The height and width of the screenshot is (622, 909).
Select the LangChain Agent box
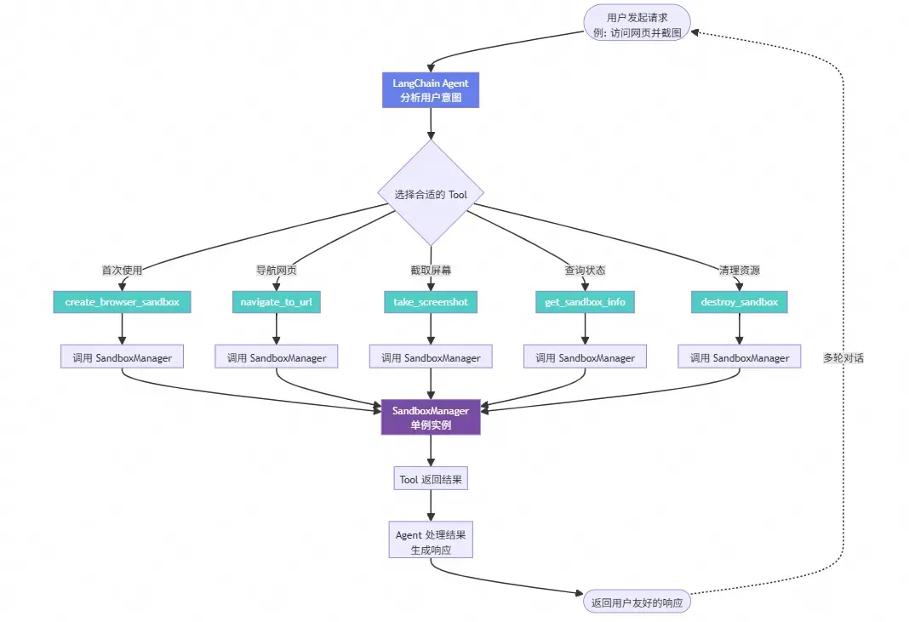pos(431,90)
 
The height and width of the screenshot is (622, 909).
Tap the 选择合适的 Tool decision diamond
pos(431,194)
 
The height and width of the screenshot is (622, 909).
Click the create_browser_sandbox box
pos(123,302)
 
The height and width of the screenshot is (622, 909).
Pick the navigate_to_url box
pos(277,302)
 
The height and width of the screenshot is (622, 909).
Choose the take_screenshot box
pos(431,302)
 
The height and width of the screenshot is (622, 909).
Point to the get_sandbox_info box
pos(585,302)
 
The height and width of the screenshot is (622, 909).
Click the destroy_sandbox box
pos(739,302)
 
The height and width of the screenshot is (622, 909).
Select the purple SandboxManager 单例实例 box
pos(431,418)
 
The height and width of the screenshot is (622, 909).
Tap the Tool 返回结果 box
pos(431,480)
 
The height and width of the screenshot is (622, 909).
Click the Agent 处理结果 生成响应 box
pos(431,542)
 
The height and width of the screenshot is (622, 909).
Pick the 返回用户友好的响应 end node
pos(637,602)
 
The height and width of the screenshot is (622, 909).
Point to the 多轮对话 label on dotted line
pos(843,358)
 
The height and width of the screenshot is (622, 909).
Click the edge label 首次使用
pos(123,271)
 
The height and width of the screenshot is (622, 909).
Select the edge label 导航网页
pos(277,271)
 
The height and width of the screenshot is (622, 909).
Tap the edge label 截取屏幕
pos(431,271)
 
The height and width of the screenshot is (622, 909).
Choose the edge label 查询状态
pos(585,271)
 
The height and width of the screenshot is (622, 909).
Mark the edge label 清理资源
pos(739,271)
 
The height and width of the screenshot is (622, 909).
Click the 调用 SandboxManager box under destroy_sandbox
pos(739,358)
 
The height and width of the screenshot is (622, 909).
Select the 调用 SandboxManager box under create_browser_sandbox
pos(123,358)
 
